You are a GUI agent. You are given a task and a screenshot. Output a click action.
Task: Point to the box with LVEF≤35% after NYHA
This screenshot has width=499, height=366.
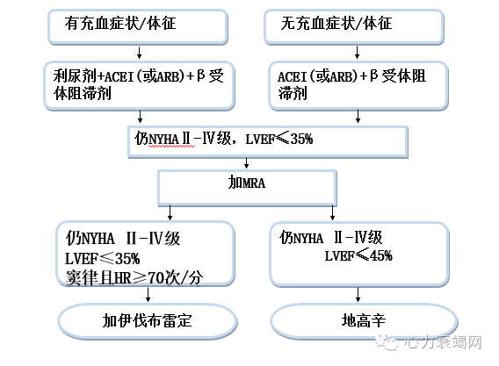[267, 140]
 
